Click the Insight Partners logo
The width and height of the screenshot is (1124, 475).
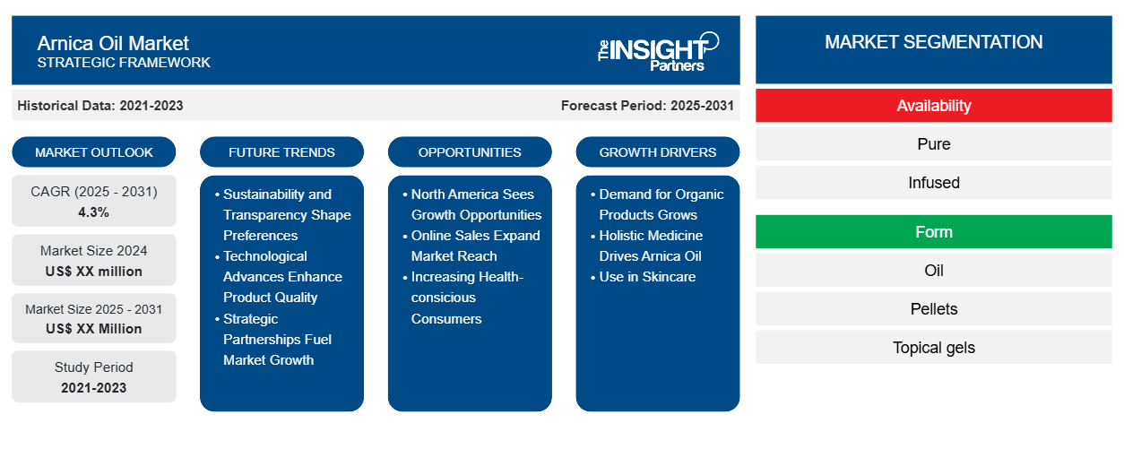click(x=658, y=51)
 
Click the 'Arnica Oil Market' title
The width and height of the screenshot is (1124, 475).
click(x=113, y=44)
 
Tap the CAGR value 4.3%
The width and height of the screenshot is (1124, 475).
click(x=94, y=212)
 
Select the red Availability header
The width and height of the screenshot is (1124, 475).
click(x=933, y=106)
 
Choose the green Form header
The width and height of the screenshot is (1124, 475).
click(x=933, y=232)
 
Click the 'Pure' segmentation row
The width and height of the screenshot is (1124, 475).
click(x=933, y=144)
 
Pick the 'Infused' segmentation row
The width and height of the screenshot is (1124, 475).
click(x=933, y=183)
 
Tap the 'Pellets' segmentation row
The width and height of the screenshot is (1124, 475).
click(x=933, y=309)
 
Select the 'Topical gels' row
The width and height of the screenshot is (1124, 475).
click(x=933, y=347)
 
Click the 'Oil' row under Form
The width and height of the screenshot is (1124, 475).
click(x=933, y=271)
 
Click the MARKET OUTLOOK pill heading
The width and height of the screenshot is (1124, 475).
click(x=94, y=152)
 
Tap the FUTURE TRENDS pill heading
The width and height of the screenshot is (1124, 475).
click(x=281, y=152)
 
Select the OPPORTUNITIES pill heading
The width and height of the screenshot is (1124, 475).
click(x=470, y=152)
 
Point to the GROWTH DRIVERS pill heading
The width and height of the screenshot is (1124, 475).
click(x=657, y=152)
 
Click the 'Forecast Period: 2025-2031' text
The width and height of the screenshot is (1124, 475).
click(x=647, y=106)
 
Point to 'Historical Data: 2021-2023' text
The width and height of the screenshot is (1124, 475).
click(x=100, y=106)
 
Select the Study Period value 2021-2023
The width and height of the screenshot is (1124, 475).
click(x=94, y=388)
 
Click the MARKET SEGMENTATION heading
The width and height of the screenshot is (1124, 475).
click(x=933, y=42)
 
